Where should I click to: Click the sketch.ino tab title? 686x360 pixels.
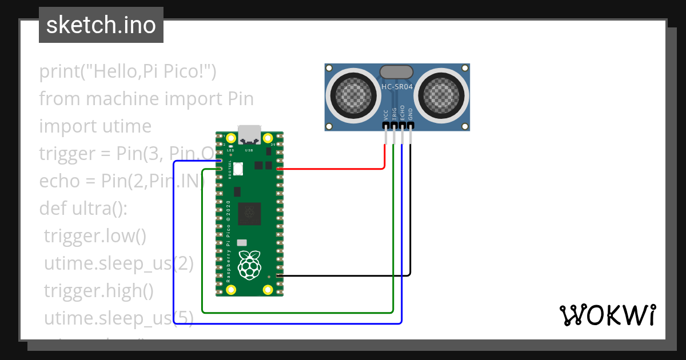(101, 25)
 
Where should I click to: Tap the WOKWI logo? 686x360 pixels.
(607, 315)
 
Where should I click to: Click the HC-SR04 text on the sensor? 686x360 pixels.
(397, 87)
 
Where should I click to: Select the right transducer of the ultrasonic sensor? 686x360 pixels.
(441, 95)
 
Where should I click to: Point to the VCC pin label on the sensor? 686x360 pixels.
(386, 114)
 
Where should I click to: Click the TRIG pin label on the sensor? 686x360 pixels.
(394, 113)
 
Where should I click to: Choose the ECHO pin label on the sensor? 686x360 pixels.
(402, 113)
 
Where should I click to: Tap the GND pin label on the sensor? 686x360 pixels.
(410, 114)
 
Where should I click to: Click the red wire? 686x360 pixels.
(332, 169)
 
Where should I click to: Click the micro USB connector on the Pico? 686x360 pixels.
(249, 134)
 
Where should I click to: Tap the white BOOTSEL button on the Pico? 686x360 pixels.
(238, 169)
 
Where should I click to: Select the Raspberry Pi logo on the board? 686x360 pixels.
(249, 265)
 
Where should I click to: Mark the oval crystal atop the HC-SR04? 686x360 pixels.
(396, 71)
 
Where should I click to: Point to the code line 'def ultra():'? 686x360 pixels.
(83, 209)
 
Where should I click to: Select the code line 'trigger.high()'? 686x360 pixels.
(98, 291)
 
